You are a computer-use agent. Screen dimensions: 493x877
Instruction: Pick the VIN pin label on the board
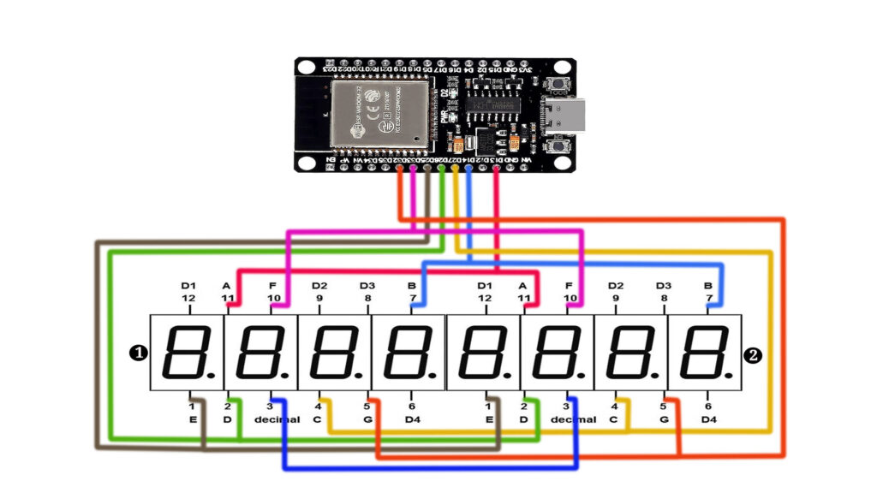pos(527,160)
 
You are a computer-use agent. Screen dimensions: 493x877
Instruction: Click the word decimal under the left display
pos(277,419)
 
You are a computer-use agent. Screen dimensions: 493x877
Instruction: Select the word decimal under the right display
pos(573,419)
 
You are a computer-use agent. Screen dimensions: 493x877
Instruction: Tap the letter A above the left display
pos(227,285)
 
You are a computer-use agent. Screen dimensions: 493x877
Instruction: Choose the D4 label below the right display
pos(708,419)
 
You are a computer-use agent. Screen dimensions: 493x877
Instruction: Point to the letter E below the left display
pos(192,419)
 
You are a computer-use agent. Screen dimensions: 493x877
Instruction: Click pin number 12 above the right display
pos(485,298)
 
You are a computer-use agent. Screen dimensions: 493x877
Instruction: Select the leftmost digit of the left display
pos(187,352)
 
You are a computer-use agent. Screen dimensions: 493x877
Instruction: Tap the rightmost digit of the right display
pos(704,352)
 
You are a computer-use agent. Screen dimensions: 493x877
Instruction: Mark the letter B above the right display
pos(708,285)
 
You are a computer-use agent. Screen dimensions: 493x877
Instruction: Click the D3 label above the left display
pos(367,285)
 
